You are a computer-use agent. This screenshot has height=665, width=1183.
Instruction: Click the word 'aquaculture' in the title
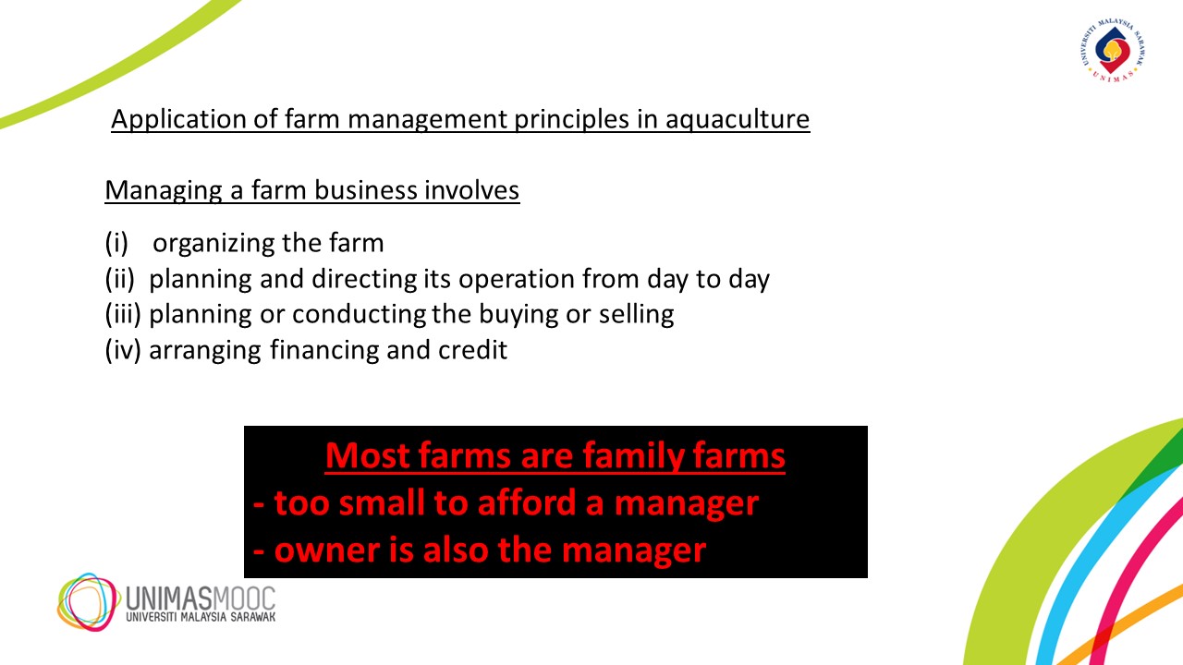click(738, 120)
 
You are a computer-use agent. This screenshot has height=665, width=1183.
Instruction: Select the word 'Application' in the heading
click(178, 120)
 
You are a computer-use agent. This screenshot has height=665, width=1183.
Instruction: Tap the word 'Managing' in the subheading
click(164, 191)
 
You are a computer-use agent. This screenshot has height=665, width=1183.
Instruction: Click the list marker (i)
click(116, 243)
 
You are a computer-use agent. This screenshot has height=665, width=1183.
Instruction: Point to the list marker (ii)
click(120, 279)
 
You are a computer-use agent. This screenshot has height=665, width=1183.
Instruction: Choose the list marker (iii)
click(123, 315)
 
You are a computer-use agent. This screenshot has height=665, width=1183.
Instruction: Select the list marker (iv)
click(123, 350)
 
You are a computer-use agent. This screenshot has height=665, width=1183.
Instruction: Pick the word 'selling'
click(637, 315)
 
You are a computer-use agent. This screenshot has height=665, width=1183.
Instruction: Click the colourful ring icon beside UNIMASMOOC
click(87, 601)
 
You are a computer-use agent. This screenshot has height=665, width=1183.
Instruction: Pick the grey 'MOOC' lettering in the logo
click(244, 598)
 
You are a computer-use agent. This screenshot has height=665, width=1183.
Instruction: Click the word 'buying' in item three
click(518, 315)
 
